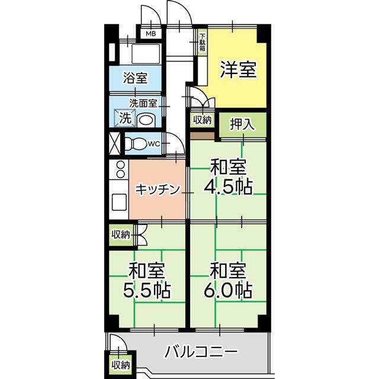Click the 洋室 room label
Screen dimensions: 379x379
click(x=238, y=70)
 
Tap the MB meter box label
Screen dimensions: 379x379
click(x=151, y=34)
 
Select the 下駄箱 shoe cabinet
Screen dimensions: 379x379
click(x=203, y=43)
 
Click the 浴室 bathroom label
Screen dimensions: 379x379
click(x=135, y=78)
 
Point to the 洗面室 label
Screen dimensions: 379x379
click(x=143, y=104)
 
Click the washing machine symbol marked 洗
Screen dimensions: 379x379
click(x=125, y=118)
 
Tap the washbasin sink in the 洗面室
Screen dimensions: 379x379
click(x=147, y=120)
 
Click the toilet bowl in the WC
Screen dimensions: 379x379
click(x=136, y=144)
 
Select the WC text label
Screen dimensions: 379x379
click(x=154, y=144)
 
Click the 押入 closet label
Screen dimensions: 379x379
click(x=242, y=124)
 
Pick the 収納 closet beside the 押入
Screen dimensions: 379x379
click(x=203, y=120)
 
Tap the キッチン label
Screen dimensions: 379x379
click(x=158, y=189)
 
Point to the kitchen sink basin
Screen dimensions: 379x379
click(x=119, y=203)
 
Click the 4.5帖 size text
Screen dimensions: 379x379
click(x=228, y=187)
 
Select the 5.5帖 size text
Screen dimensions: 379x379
click(x=147, y=290)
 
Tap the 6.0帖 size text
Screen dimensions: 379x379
click(x=228, y=290)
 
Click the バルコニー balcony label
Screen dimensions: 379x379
click(x=201, y=352)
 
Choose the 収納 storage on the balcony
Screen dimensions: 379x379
click(x=121, y=365)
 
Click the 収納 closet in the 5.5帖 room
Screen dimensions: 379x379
click(x=121, y=235)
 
